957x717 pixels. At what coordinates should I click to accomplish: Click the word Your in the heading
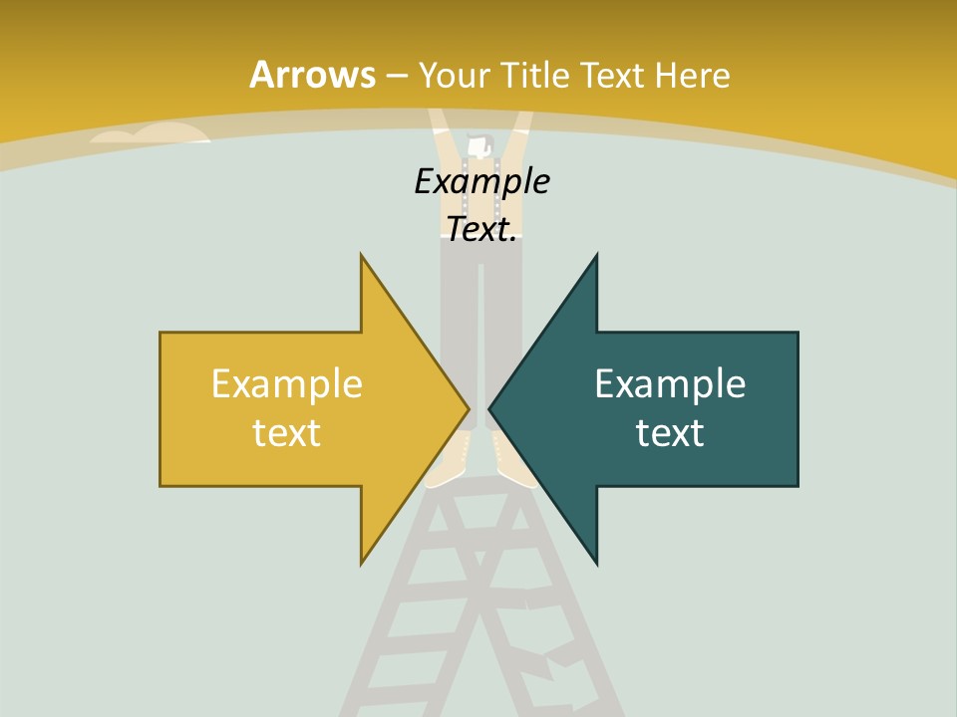pyautogui.click(x=454, y=75)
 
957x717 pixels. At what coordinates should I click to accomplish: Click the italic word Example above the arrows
pyautogui.click(x=481, y=181)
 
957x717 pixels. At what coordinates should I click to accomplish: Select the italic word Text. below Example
pyautogui.click(x=481, y=229)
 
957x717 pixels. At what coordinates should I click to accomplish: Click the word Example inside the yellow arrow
pyautogui.click(x=287, y=383)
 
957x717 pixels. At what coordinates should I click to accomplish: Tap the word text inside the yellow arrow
pyautogui.click(x=287, y=432)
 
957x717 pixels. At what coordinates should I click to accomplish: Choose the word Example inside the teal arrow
pyautogui.click(x=670, y=383)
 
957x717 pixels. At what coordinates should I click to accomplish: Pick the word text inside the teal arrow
pyautogui.click(x=670, y=432)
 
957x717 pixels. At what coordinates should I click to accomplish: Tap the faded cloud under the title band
pyautogui.click(x=150, y=134)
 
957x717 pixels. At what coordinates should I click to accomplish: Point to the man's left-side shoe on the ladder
pyautogui.click(x=448, y=466)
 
